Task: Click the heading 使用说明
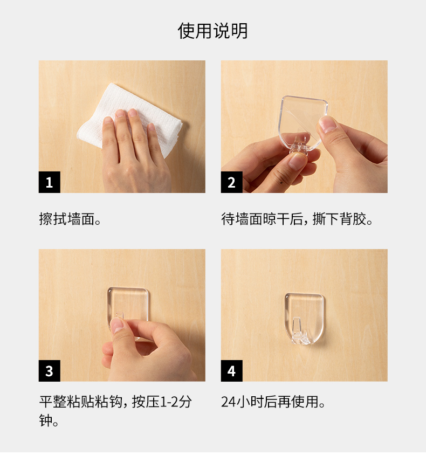(212, 31)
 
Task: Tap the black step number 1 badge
(49, 182)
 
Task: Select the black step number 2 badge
(231, 182)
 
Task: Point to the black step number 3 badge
(49, 371)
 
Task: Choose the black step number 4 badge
(231, 371)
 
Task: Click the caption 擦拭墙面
(70, 219)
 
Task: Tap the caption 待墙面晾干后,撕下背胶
(297, 219)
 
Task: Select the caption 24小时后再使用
(273, 402)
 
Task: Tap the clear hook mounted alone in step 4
(304, 319)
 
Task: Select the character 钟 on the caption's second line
(46, 420)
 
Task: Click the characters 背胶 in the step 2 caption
(353, 219)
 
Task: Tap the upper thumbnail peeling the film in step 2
(327, 124)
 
